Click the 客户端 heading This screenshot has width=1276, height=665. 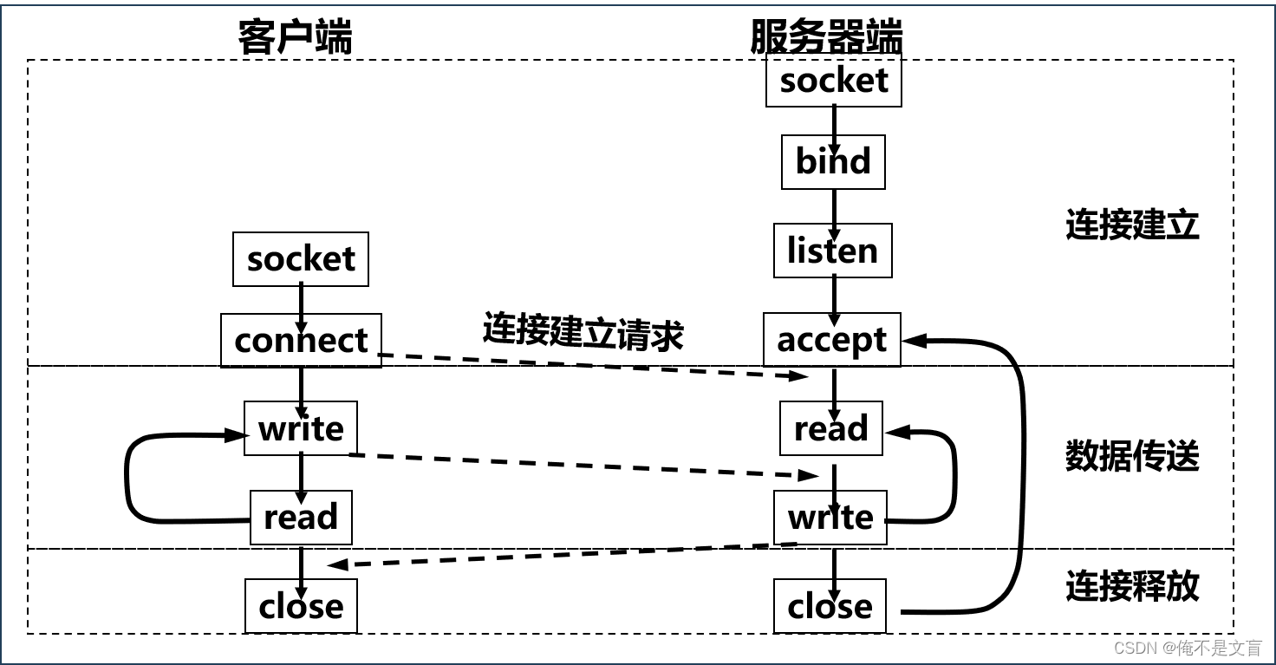295,37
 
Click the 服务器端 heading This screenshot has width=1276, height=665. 826,37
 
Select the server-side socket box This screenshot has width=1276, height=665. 833,81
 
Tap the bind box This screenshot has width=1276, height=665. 833,162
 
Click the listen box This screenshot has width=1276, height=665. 832,251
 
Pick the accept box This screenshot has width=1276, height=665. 831,340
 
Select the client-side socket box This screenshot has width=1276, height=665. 301,259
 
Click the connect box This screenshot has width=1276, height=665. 301,341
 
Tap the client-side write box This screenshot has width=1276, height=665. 301,428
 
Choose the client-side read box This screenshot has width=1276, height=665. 301,518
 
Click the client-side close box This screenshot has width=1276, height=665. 301,606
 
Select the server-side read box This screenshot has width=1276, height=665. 830,428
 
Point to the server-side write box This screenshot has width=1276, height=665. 830,518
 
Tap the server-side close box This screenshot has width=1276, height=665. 830,606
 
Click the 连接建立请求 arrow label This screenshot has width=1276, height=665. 583,333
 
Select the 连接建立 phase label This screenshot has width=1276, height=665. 1132,225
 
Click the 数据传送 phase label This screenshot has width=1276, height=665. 1132,456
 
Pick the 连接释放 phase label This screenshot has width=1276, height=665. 1132,587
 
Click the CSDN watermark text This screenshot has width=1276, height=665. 1187,648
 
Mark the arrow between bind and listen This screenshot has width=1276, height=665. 835,206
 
